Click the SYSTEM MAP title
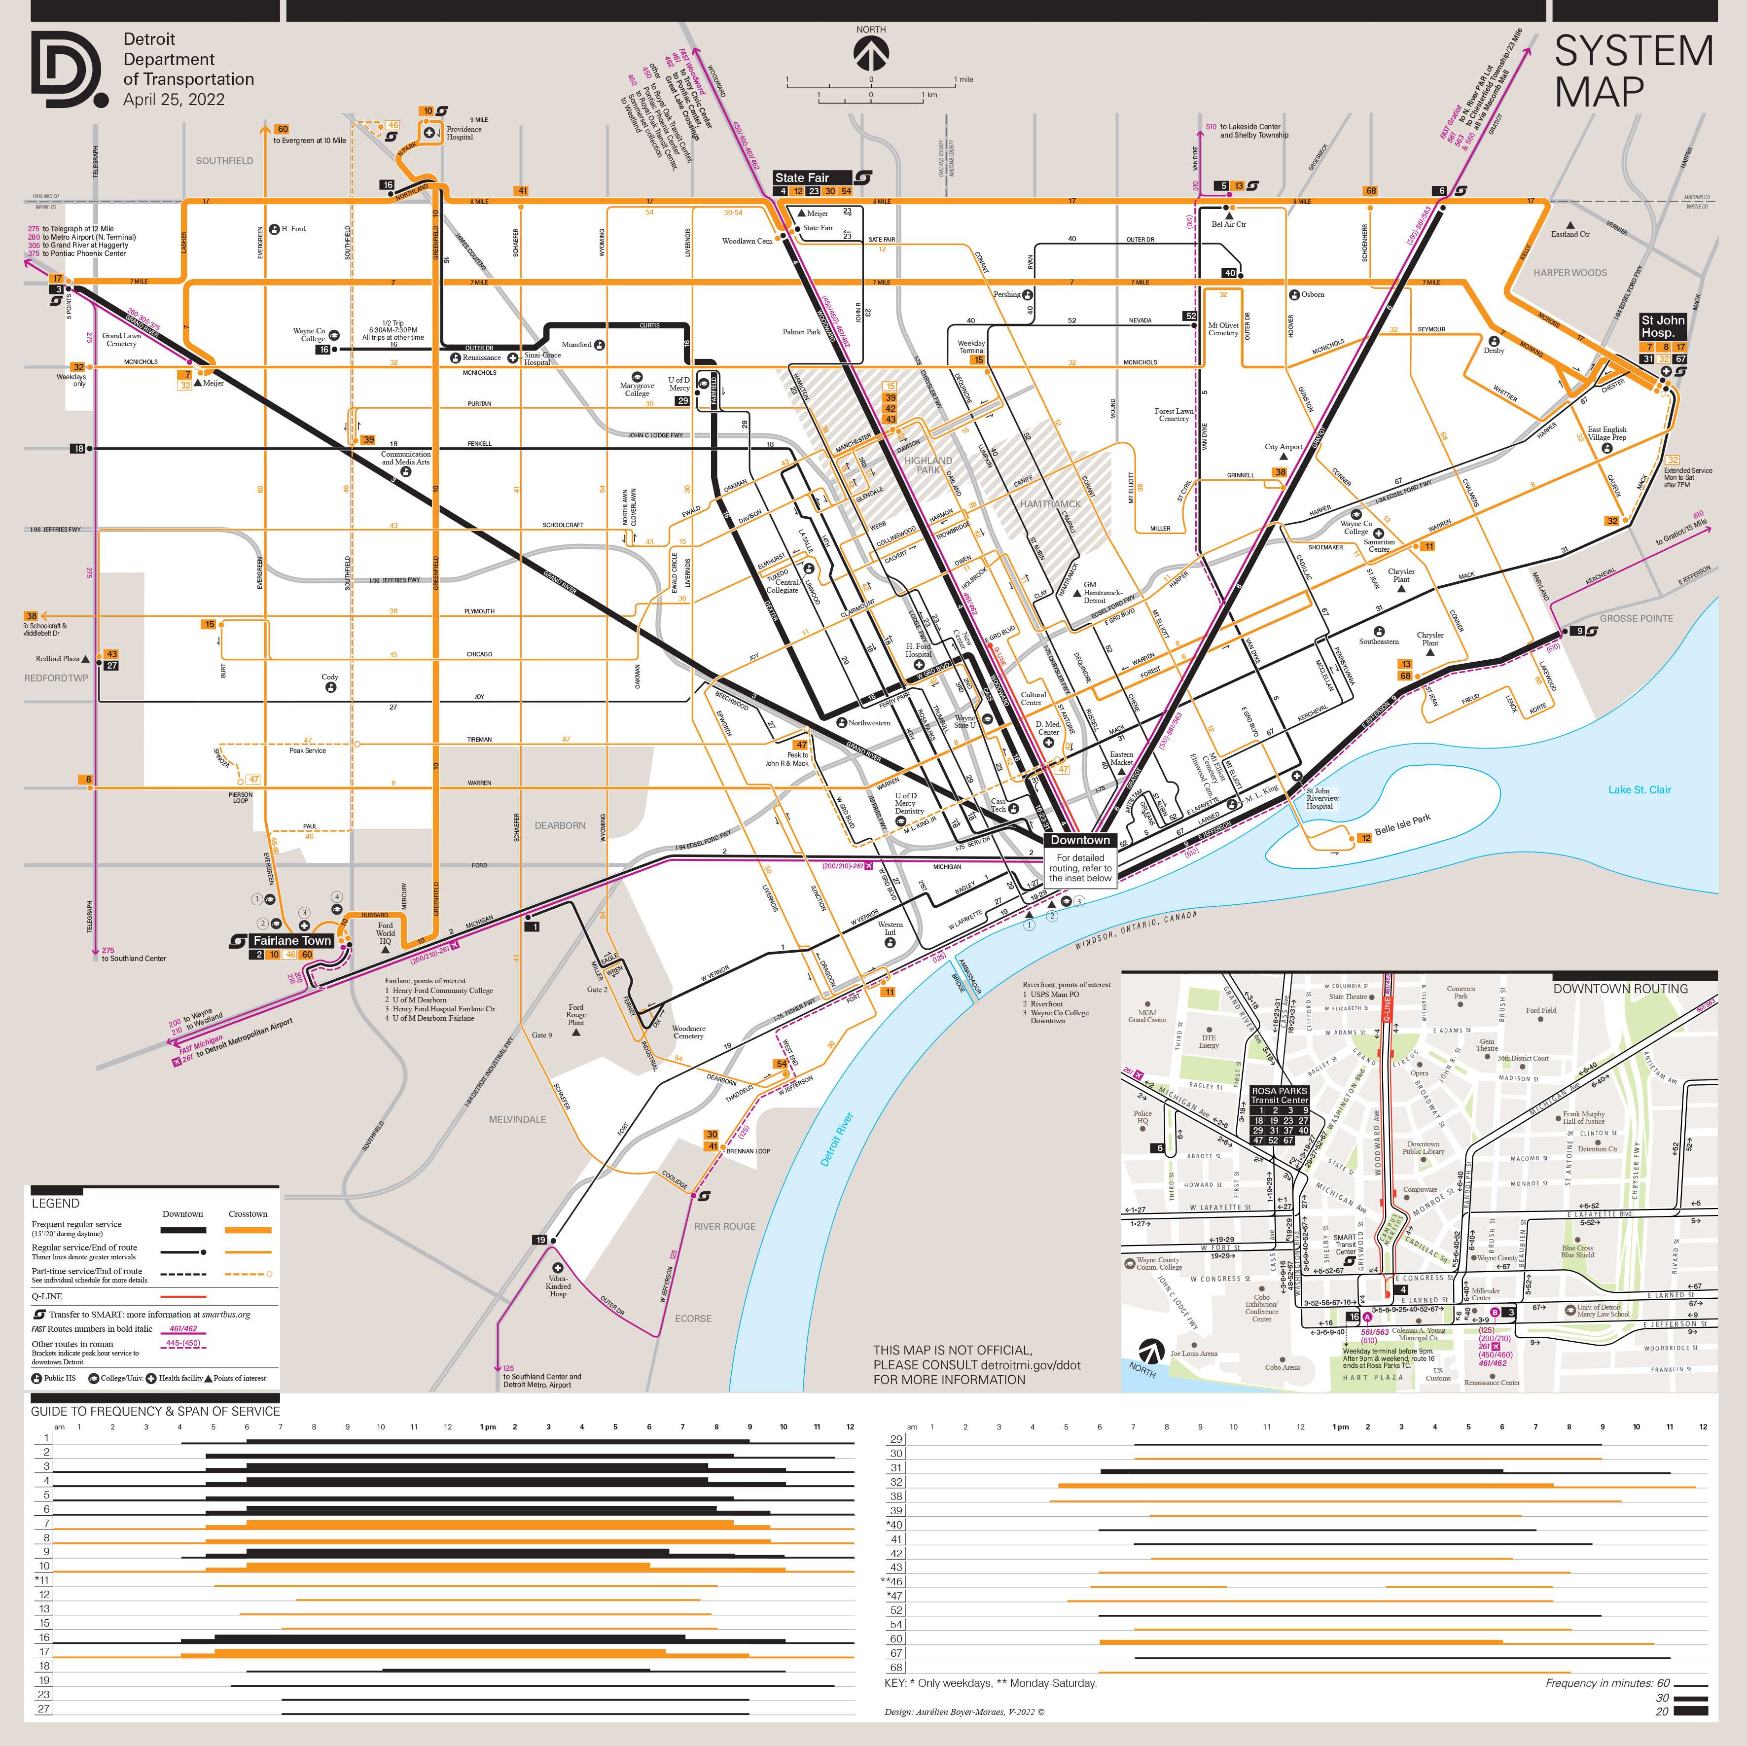point(1633,71)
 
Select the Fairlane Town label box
point(292,940)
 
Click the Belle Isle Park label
point(1402,824)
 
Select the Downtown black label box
point(1080,840)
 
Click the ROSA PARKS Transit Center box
point(1280,1095)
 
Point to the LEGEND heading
point(55,1203)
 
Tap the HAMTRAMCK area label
point(1050,503)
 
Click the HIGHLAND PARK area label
point(928,465)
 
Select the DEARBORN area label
point(560,825)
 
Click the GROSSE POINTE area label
point(1636,618)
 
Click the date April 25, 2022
point(174,100)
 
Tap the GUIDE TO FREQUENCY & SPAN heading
point(155,1411)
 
